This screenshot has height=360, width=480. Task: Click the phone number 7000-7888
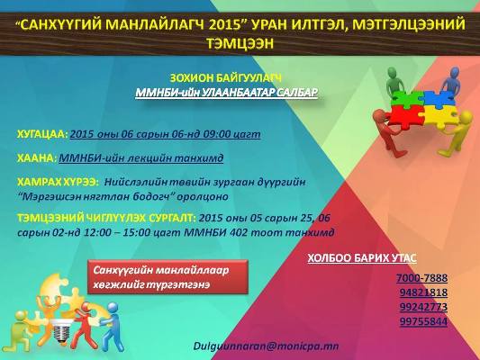(x=422, y=277)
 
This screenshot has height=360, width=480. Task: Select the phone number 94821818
(x=422, y=292)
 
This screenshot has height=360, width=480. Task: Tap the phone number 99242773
(x=422, y=307)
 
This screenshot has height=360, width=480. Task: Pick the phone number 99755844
(x=422, y=321)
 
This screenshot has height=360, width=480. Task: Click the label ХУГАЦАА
(x=41, y=134)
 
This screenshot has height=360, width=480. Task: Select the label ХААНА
(x=36, y=157)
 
